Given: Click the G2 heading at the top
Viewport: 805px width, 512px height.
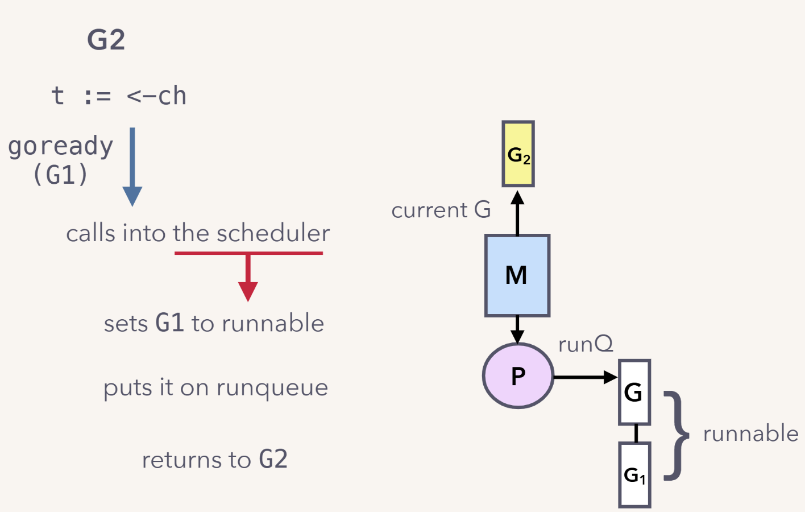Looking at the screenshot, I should click(106, 40).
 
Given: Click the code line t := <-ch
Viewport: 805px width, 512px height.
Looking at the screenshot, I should click(119, 96).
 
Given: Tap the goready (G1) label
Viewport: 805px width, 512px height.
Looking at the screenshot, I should click(60, 160).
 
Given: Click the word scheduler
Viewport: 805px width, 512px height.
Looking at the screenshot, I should click(273, 233).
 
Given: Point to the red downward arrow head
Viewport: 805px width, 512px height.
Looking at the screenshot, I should click(248, 290).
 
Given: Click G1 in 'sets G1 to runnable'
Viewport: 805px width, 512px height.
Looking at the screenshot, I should click(169, 323).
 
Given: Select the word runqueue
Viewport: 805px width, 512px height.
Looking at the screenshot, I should click(272, 388).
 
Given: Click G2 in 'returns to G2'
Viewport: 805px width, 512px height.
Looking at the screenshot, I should click(273, 459).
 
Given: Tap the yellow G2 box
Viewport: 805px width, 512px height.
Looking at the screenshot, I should click(518, 154).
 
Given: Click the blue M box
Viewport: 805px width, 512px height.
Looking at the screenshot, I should click(517, 275).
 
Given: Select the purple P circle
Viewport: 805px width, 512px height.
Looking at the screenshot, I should click(518, 375).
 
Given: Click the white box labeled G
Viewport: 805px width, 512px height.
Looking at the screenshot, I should click(634, 392).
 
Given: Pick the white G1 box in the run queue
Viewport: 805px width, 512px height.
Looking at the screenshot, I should click(634, 474).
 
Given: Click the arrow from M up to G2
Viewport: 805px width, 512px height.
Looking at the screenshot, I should click(517, 213).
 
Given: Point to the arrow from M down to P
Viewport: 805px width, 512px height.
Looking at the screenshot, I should click(517, 329).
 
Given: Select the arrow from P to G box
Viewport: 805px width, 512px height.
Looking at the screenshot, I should click(585, 377).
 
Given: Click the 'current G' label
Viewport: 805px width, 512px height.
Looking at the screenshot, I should click(441, 210).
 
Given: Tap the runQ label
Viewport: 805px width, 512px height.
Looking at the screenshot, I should click(586, 344).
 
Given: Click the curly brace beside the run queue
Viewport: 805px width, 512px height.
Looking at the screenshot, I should click(676, 435).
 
